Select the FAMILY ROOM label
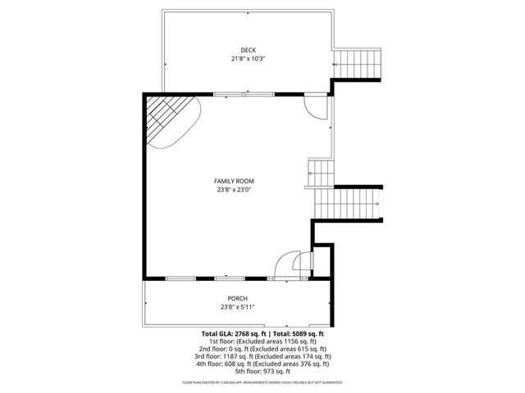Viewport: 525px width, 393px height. (234, 181)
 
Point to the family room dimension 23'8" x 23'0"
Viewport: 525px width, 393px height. (234, 189)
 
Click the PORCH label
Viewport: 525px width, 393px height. (237, 299)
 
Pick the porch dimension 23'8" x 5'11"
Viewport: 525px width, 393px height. (237, 307)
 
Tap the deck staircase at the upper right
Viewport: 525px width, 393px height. (360, 62)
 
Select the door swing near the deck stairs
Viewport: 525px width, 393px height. (315, 106)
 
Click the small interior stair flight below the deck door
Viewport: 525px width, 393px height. (322, 171)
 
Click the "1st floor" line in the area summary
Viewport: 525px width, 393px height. (262, 341)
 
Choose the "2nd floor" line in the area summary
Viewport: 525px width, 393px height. (262, 349)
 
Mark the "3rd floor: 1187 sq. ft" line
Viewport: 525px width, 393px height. (262, 356)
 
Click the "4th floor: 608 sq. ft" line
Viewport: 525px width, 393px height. (262, 364)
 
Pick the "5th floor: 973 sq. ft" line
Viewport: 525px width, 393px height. (262, 371)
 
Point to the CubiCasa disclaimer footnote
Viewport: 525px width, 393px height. (262, 382)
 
